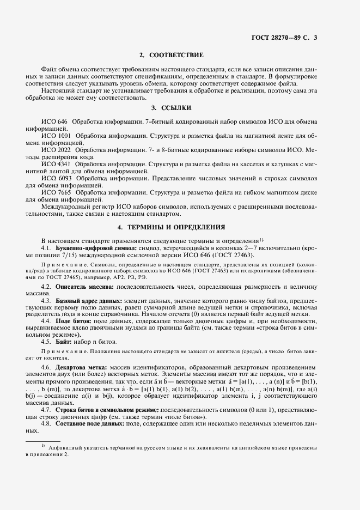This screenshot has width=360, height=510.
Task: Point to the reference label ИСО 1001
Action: click(x=56, y=134)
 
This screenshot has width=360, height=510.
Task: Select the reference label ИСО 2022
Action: click(x=56, y=149)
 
